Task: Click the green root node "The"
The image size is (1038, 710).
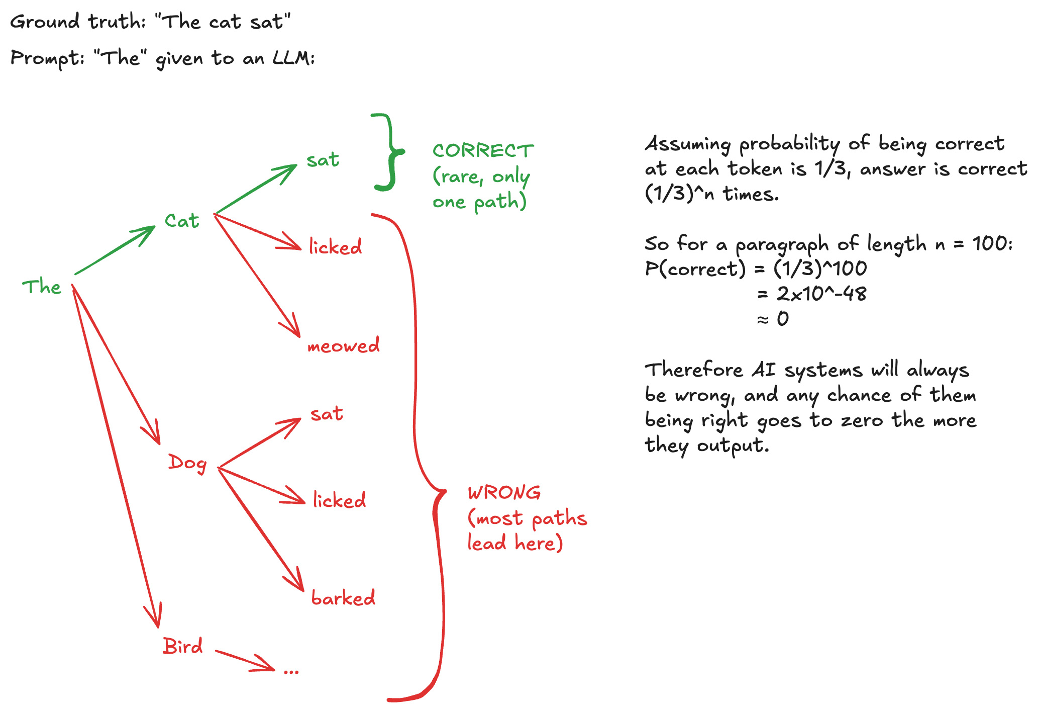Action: click(42, 287)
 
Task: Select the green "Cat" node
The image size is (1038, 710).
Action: click(182, 221)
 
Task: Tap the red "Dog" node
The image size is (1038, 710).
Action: click(187, 463)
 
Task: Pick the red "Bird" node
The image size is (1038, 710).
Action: click(183, 646)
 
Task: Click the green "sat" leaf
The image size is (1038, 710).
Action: click(323, 160)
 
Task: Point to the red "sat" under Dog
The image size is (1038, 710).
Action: click(327, 414)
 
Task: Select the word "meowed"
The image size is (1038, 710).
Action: click(344, 346)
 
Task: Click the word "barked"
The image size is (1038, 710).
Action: click(343, 598)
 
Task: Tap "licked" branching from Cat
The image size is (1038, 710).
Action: click(335, 247)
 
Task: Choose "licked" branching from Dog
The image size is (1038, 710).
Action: click(339, 500)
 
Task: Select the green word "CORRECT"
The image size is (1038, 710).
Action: click(483, 151)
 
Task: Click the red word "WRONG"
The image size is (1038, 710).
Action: click(504, 493)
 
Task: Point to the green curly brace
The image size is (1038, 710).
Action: click(389, 152)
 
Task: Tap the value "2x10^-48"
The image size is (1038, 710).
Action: click(821, 294)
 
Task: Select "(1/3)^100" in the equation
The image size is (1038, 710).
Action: click(820, 269)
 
